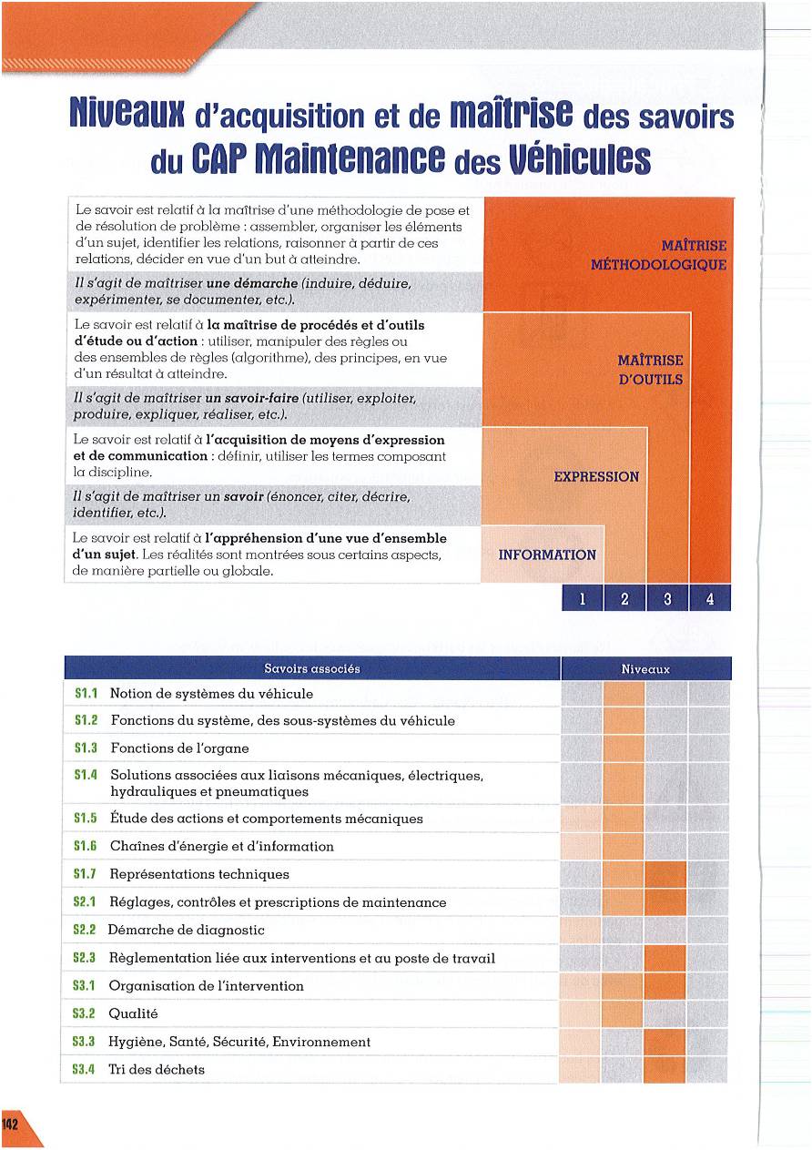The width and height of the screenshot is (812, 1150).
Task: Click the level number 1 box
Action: (x=583, y=598)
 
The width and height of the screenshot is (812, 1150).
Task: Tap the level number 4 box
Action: (x=710, y=598)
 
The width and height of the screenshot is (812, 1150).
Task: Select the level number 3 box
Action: (x=667, y=598)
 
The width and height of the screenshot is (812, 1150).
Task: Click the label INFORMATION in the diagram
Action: (x=547, y=555)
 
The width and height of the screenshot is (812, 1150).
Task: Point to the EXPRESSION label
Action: (x=596, y=476)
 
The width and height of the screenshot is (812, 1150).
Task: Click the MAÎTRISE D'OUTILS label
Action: (x=650, y=370)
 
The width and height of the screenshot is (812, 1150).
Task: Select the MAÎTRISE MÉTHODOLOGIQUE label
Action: (x=659, y=255)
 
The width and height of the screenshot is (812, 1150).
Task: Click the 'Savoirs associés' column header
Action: (x=311, y=668)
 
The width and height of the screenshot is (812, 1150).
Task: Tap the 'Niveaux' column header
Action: (x=645, y=668)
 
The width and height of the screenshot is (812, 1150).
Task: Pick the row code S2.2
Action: (x=85, y=931)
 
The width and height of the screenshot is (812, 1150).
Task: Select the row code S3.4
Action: (x=85, y=1070)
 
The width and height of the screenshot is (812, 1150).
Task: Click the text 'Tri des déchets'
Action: (x=157, y=1070)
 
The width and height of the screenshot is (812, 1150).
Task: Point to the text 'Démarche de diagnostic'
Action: (x=187, y=931)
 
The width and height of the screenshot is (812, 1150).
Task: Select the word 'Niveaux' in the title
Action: (x=127, y=117)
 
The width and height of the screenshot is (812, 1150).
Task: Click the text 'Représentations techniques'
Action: (x=199, y=874)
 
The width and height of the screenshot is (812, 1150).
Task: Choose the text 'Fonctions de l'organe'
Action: (x=179, y=748)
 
